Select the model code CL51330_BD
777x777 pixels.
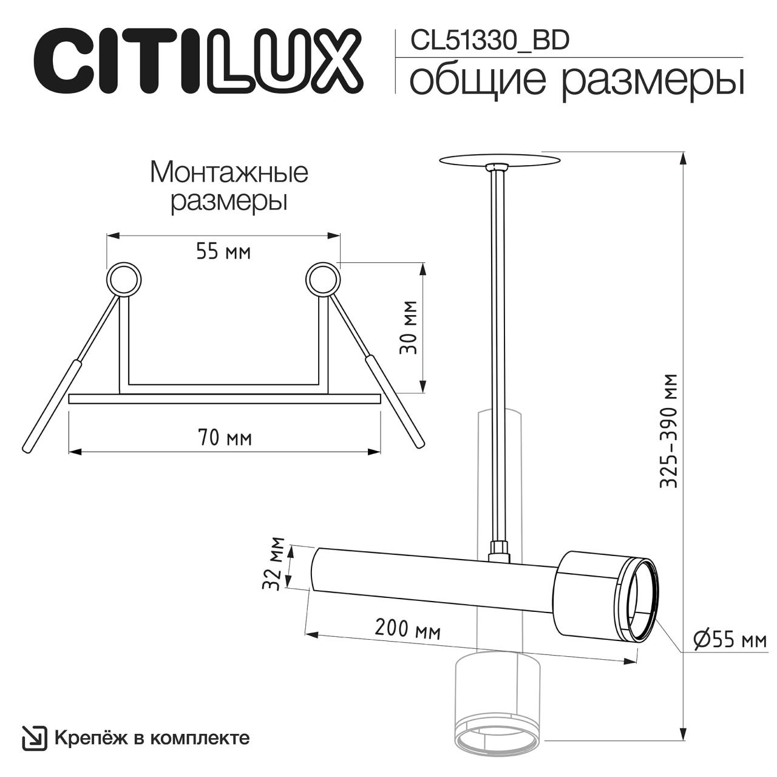[489, 41]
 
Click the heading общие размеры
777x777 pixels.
[577, 80]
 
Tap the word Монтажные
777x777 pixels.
[229, 174]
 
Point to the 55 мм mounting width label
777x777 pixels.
[223, 253]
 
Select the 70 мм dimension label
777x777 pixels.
[225, 438]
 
